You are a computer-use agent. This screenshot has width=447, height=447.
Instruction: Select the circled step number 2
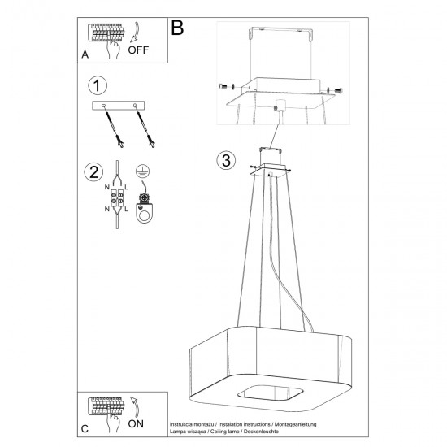point(94,171)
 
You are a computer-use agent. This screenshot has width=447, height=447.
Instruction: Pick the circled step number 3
point(227,159)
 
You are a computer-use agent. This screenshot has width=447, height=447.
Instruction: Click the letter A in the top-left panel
point(85,55)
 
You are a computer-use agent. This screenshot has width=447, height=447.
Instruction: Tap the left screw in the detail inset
point(224,87)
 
